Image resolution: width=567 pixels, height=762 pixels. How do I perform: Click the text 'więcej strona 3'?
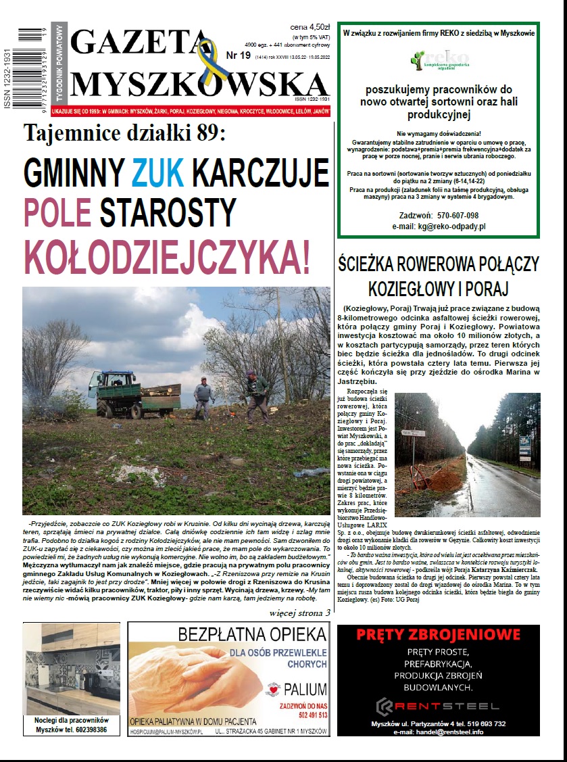click(x=299, y=613)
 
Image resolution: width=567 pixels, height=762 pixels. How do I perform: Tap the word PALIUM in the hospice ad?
click(x=305, y=690)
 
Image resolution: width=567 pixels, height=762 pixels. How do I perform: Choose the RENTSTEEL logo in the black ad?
click(x=438, y=706)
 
